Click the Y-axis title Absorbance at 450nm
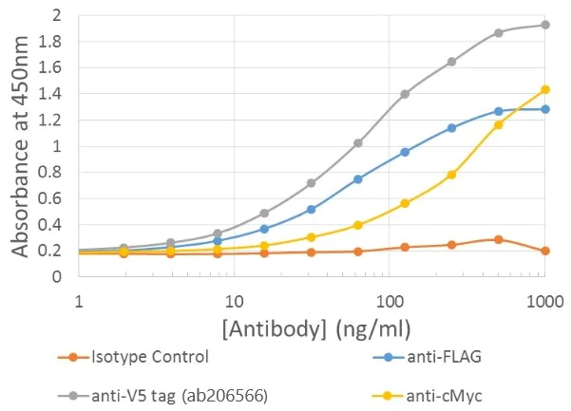20,144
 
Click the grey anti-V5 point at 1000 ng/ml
544,25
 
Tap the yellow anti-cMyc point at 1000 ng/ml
544,89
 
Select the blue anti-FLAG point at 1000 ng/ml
544,109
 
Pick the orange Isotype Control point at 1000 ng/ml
544,251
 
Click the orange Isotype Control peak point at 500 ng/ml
498,239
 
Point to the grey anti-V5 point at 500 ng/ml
498,33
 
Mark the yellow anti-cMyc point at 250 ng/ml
451,175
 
